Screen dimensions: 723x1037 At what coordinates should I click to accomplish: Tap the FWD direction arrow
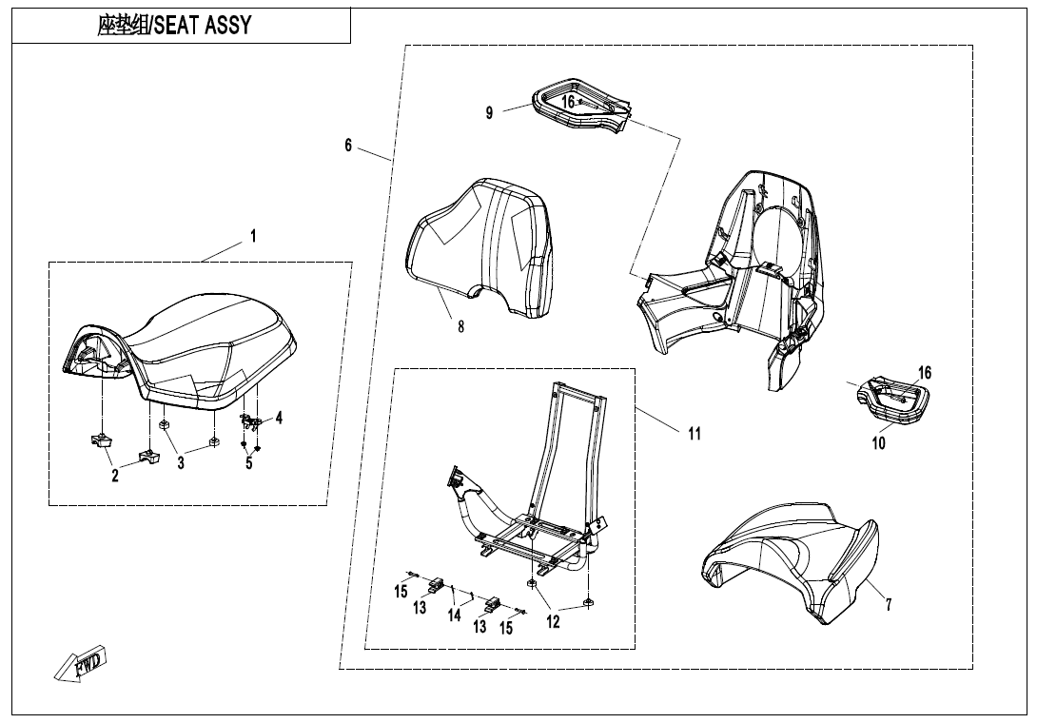point(81,664)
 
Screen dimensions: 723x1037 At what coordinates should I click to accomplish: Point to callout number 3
point(181,463)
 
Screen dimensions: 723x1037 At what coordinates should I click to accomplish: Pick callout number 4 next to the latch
point(279,418)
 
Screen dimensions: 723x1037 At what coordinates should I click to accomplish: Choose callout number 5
point(248,463)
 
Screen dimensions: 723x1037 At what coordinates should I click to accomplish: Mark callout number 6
point(348,145)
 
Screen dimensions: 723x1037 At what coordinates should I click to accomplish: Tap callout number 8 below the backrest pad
point(460,326)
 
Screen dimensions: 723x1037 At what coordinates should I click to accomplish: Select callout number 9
point(489,112)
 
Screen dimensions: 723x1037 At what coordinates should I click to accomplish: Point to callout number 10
point(878,443)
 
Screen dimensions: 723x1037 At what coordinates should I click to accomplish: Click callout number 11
point(695,434)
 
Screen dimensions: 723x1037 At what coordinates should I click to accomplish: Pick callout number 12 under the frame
point(553,622)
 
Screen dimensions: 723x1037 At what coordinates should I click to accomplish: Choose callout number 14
point(455,616)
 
